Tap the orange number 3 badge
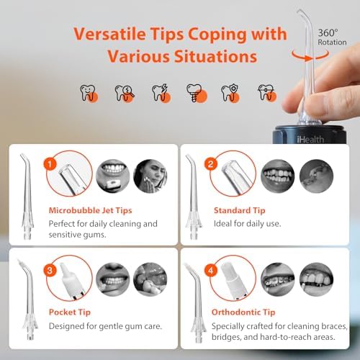point(49,271)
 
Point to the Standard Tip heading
point(240,210)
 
